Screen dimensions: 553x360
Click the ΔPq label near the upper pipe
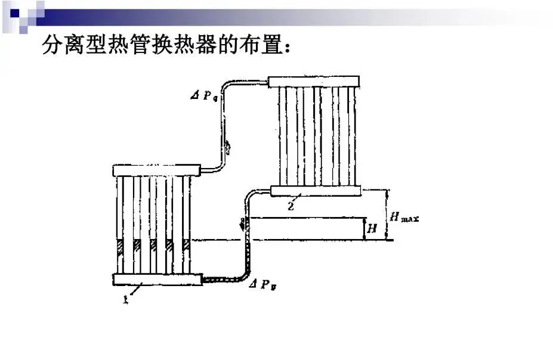click(x=204, y=95)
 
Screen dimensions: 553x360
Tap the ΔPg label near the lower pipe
click(x=262, y=284)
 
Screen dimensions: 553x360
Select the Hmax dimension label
click(x=404, y=216)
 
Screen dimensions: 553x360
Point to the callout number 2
click(x=291, y=206)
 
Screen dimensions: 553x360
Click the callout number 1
click(x=126, y=299)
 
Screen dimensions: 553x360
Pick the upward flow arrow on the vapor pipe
click(x=227, y=147)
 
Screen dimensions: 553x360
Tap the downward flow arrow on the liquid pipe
click(x=243, y=225)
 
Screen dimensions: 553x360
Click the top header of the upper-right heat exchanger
click(x=314, y=82)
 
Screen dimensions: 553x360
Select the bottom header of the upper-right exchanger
click(x=316, y=191)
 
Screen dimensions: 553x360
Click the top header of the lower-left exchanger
click(x=156, y=170)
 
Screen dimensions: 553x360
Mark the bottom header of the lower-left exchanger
click(x=157, y=280)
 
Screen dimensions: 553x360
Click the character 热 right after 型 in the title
click(x=119, y=45)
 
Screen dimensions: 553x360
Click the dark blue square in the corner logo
click(x=15, y=13)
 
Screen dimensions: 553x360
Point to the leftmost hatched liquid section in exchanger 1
click(x=121, y=246)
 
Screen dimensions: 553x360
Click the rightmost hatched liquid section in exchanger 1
click(x=187, y=246)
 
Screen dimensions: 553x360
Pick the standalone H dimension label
click(x=372, y=229)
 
